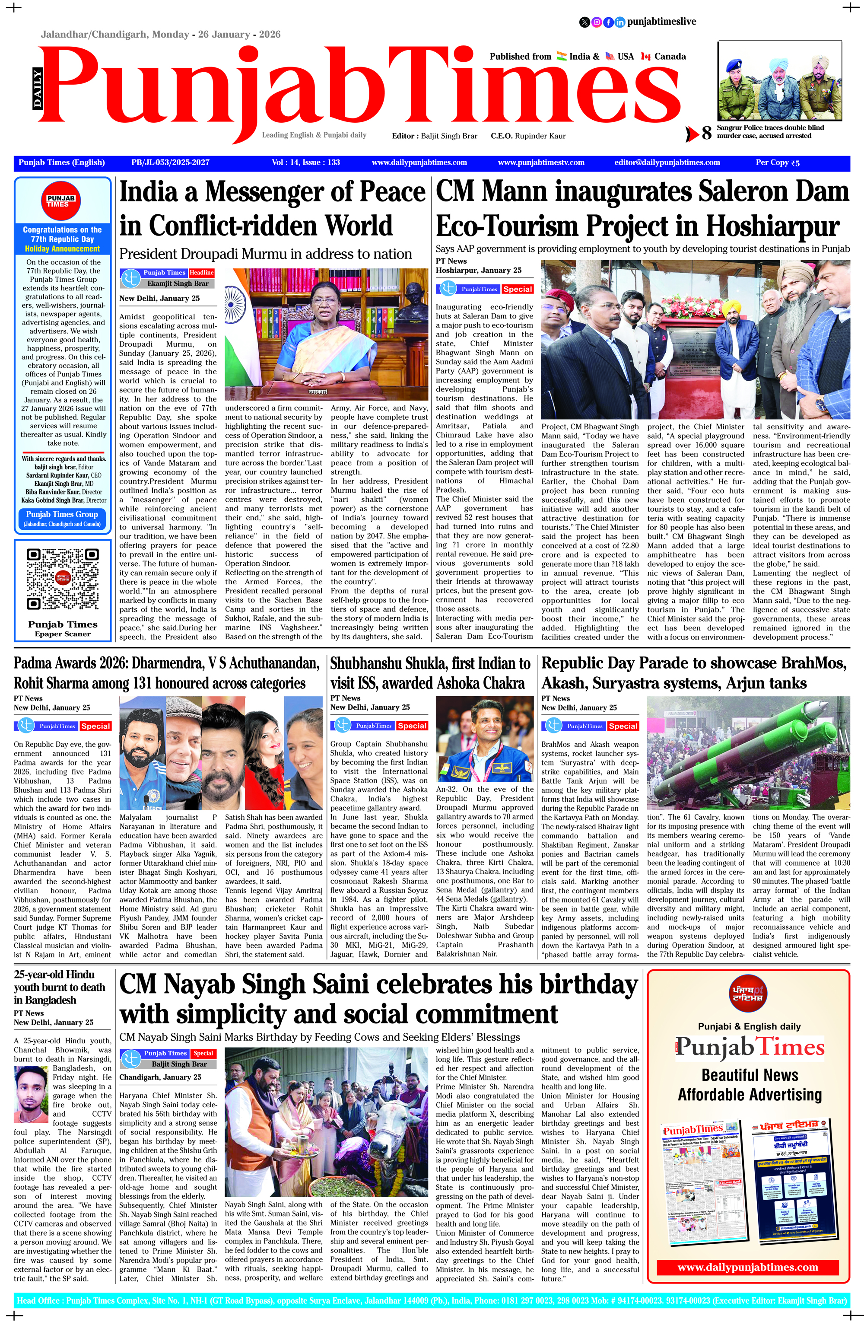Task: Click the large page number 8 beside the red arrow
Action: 706,133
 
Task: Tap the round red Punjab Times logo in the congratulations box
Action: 62,201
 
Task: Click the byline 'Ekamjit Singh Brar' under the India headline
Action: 178,284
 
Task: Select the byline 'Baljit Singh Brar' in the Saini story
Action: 179,1064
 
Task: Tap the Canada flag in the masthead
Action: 645,56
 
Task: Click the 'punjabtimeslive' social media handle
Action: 661,22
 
